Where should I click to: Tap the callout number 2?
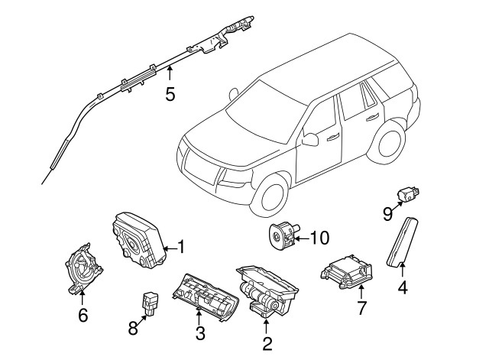(267, 343)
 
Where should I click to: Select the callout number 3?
(199, 332)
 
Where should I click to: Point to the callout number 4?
(402, 288)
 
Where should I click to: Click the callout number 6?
(83, 313)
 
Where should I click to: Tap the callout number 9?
(387, 213)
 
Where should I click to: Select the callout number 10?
(319, 238)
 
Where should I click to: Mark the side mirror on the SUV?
(310, 139)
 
